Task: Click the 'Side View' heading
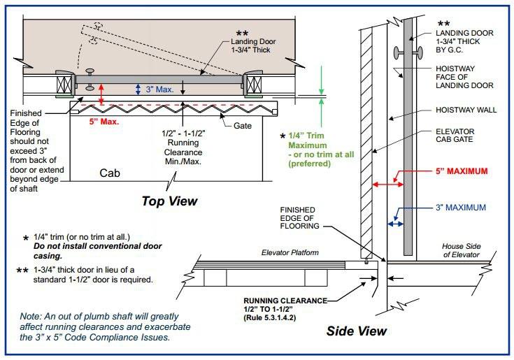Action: [356, 329]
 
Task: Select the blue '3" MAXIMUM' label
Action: [460, 207]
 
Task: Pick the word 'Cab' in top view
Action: [111, 172]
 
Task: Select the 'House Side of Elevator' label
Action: [462, 251]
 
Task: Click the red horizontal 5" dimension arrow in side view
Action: [387, 184]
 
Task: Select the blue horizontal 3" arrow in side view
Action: [396, 224]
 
